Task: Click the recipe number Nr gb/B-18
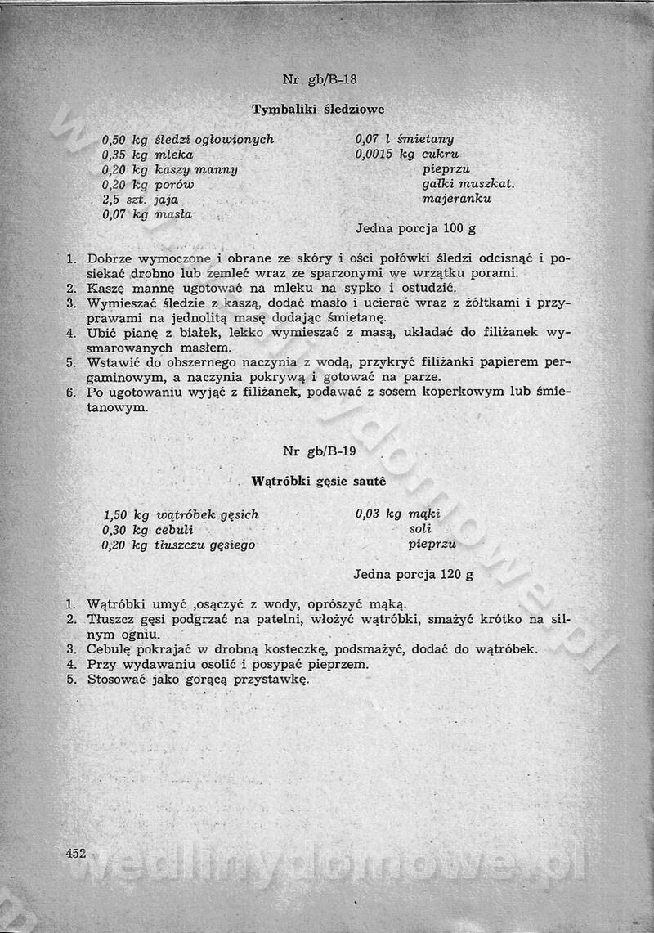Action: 320,79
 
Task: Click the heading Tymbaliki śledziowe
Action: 318,109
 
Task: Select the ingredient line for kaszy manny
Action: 169,169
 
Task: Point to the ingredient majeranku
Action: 457,199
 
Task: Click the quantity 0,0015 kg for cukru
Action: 385,154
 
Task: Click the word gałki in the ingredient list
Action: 440,183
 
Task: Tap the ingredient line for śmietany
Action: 405,139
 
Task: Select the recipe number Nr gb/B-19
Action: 320,451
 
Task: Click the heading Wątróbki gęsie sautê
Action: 318,482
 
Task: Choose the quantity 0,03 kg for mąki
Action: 379,514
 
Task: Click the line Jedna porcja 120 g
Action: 414,574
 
